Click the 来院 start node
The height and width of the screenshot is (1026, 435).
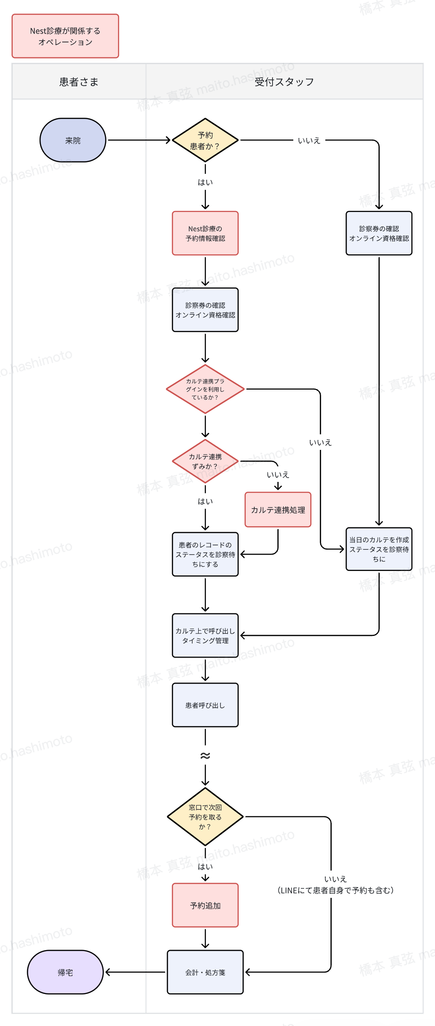point(73,140)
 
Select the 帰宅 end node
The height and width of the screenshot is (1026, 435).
point(65,972)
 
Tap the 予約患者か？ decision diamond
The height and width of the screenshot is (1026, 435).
point(205,140)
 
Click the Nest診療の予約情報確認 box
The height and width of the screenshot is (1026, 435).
point(205,233)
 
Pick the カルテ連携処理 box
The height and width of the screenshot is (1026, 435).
point(278,510)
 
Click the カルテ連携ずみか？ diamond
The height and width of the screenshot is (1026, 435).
point(205,461)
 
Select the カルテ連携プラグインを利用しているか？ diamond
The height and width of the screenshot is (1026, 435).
point(205,389)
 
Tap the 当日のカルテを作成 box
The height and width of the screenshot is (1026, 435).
point(379,549)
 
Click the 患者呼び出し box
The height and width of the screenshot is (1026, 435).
point(205,705)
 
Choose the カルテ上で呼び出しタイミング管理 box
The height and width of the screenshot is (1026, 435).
point(205,635)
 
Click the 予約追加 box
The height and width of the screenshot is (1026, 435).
point(205,905)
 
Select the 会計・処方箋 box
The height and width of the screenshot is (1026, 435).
point(205,972)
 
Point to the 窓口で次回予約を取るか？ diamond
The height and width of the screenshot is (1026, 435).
point(205,817)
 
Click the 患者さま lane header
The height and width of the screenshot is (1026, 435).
point(79,82)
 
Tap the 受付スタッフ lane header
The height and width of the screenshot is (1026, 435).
point(284,82)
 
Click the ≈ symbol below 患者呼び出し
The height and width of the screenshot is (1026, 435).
point(205,756)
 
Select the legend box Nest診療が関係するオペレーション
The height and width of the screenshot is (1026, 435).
point(65,36)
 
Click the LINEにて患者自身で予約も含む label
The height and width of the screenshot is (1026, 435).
point(336,890)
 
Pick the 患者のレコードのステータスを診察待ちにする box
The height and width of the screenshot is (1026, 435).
point(205,554)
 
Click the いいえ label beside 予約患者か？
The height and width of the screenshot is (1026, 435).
point(309,140)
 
